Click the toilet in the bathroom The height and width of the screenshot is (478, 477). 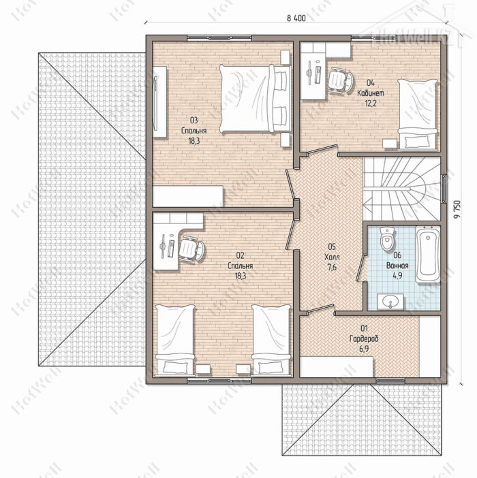387,239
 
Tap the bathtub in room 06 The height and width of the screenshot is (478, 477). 427,254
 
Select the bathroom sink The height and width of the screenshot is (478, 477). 390,302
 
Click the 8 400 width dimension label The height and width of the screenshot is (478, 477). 296,18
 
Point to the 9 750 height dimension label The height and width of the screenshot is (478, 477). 457,210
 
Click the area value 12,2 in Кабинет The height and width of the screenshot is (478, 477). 371,103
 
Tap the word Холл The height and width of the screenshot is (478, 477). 332,257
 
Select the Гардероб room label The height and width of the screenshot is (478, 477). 364,338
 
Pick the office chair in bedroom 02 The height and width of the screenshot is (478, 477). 191,248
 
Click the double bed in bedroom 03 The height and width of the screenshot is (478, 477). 256,99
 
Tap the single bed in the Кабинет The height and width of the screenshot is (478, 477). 418,114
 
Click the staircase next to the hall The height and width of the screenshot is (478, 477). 401,189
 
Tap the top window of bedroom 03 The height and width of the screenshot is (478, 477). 219,38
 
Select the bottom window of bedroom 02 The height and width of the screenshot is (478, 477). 219,380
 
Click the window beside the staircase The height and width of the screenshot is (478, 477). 444,188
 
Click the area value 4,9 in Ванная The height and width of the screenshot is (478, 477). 397,276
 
